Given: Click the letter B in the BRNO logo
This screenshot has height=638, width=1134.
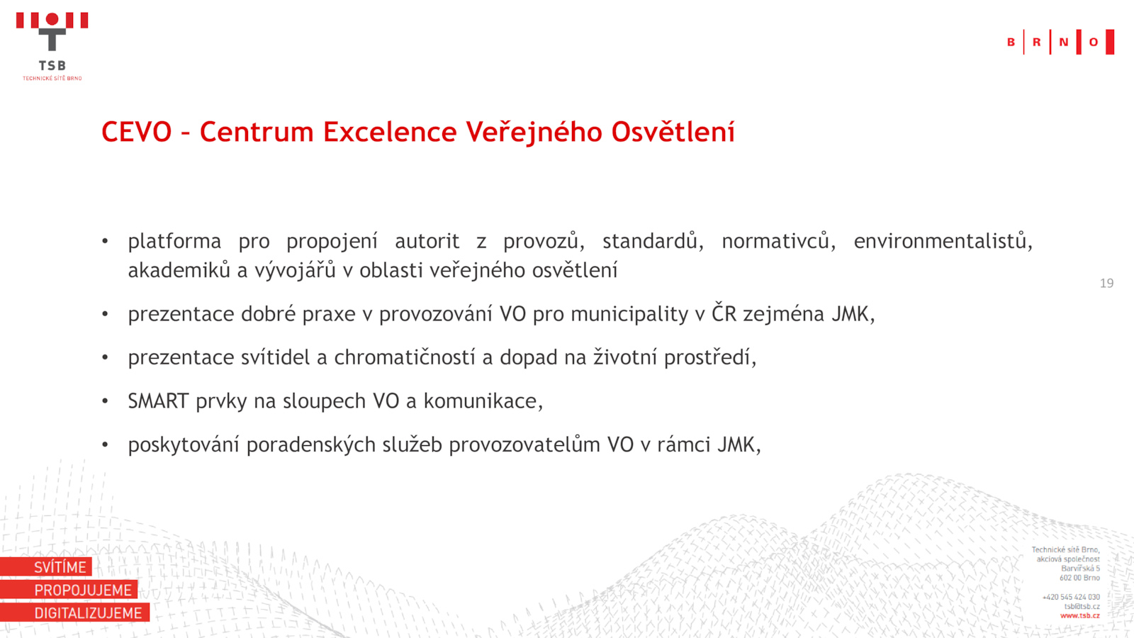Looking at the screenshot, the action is [x=1011, y=42].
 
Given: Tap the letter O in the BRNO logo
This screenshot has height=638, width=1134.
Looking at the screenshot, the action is [x=1094, y=42].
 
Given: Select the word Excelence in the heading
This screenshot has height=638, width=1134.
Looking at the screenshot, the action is [x=390, y=132].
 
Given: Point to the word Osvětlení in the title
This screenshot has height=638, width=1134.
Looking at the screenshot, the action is [x=673, y=132].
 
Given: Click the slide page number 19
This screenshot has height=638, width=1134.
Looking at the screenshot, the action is [x=1106, y=283].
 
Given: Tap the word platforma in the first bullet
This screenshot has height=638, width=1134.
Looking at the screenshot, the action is [x=174, y=242].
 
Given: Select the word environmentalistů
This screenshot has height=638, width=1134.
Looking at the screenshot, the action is [x=943, y=240].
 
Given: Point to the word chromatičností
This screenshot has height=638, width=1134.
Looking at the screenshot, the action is [x=405, y=357].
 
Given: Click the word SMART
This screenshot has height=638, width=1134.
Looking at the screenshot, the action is [x=159, y=401].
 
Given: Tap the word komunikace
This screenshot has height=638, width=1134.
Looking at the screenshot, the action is [x=483, y=401].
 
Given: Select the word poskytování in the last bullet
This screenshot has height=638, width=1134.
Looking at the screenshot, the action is [x=184, y=445].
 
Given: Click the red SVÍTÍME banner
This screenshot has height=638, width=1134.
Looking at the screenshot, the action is [x=46, y=566].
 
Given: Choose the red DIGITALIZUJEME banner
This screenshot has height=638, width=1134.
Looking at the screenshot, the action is [x=75, y=612].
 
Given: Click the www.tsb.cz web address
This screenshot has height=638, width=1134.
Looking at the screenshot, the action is [x=1080, y=616].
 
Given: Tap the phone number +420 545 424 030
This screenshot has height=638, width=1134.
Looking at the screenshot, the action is [x=1071, y=597].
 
